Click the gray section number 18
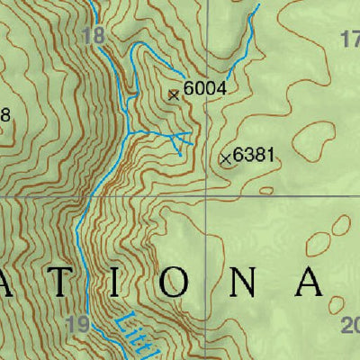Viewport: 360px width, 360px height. [x=92, y=36]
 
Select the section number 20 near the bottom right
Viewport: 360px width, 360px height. [x=351, y=326]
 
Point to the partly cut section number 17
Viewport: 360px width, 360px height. [x=352, y=39]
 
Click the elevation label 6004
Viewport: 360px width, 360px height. [x=203, y=89]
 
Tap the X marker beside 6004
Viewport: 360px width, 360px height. [x=174, y=93]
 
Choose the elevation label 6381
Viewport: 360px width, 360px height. [x=253, y=156]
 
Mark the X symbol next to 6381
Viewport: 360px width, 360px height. [x=225, y=158]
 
